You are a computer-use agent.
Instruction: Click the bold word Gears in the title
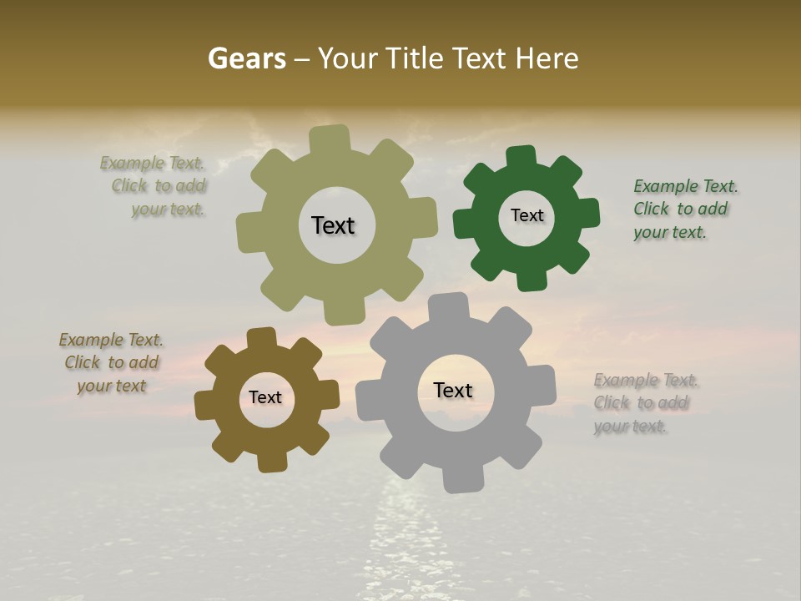coord(246,58)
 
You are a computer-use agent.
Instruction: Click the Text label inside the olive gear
coord(333,225)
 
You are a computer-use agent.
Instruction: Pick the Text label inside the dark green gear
coord(526,215)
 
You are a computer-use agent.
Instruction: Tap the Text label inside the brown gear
coord(265,397)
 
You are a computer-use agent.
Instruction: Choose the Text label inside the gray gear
coord(453,390)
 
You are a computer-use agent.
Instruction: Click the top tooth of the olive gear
coord(330,139)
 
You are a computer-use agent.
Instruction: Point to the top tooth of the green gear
coord(521,157)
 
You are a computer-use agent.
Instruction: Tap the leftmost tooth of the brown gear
coord(206,404)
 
